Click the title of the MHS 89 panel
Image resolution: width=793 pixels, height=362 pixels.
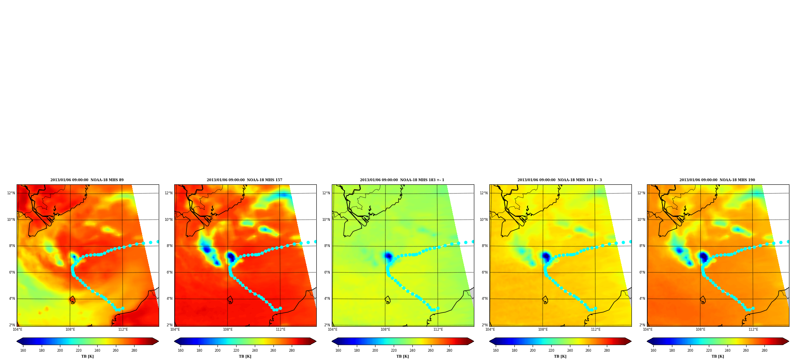(x=87, y=180)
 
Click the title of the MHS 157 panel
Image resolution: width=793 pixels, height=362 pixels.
(x=244, y=180)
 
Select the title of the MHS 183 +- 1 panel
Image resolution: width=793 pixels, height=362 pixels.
(x=402, y=180)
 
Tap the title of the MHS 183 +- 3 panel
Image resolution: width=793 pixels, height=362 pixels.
(x=560, y=180)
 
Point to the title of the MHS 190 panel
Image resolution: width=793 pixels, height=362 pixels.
(x=717, y=180)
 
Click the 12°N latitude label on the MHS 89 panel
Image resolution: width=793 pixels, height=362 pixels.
(x=11, y=193)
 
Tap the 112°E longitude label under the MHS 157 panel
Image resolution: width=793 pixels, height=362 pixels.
(x=281, y=329)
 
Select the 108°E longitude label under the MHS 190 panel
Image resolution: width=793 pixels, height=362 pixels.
(x=701, y=329)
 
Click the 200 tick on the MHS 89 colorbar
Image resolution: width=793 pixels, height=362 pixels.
(x=60, y=351)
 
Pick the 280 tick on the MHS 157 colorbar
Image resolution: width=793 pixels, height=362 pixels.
(x=292, y=351)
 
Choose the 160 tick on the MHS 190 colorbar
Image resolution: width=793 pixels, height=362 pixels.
(x=653, y=351)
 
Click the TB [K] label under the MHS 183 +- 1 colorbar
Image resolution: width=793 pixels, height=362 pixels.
(x=402, y=356)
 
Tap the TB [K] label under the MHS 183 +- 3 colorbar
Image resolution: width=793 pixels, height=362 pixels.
(x=560, y=356)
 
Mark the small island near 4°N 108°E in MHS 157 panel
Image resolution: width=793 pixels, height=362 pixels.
(x=230, y=300)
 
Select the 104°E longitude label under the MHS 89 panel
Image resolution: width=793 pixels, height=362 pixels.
(x=17, y=329)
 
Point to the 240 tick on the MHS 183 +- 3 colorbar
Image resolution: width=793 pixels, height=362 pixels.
(x=570, y=351)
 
